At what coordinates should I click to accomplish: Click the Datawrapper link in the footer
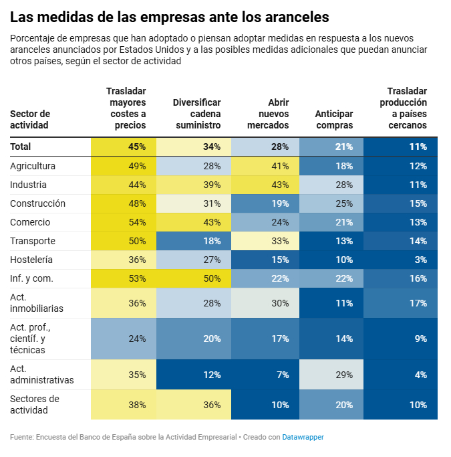pos(303,437)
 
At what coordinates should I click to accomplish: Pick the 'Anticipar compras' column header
pos(334,119)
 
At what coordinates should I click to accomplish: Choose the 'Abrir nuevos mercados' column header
pos(268,114)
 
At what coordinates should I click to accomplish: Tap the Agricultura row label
pos(33,166)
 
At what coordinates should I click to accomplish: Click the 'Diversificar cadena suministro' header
pos(197,114)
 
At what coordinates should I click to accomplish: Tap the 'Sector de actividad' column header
pos(30,119)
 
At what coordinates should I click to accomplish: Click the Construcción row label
pos(37,203)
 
